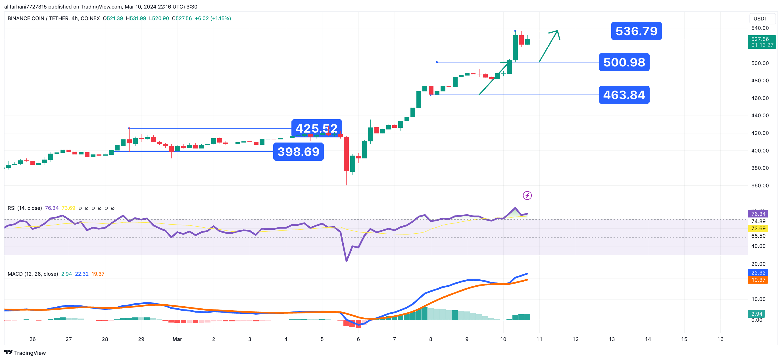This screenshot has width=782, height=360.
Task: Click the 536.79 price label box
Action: coord(636,31)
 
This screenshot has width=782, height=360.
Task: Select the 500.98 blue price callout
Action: coord(624,62)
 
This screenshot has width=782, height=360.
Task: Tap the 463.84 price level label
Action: coord(624,95)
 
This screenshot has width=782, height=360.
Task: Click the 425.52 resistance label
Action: coord(316,128)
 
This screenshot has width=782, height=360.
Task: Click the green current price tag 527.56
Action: coord(761,42)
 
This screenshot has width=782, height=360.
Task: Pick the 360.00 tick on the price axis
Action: coord(760,185)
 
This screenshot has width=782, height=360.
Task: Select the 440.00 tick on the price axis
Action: coord(760,115)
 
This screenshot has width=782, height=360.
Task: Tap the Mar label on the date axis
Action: coord(177,339)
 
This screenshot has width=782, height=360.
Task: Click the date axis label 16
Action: coord(720,339)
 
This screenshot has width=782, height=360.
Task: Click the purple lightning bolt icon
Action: coord(527,196)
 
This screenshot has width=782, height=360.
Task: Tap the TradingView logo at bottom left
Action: coord(25,353)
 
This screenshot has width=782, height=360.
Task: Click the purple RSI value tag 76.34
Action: coord(758,214)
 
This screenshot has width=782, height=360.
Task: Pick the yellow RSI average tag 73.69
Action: coord(758,229)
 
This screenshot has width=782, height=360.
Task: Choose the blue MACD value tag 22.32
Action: coord(758,273)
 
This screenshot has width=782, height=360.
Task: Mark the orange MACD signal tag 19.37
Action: coord(758,280)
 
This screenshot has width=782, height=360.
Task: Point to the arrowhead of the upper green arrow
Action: coord(557,31)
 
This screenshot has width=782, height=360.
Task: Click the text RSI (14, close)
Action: coord(25,208)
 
